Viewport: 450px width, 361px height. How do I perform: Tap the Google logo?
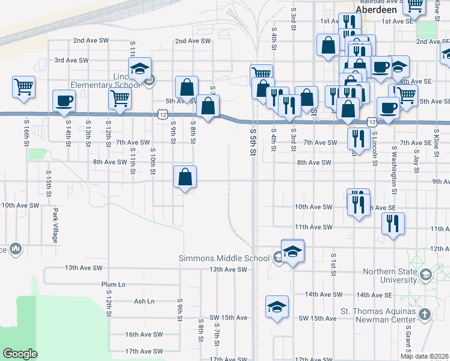click(20, 354)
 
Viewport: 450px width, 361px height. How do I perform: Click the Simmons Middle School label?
click(224, 258)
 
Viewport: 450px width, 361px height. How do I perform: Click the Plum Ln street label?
click(113, 284)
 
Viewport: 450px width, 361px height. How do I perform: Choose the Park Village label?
click(55, 226)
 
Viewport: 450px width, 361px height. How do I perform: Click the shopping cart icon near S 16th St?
click(23, 86)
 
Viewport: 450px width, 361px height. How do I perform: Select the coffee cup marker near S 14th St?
click(64, 100)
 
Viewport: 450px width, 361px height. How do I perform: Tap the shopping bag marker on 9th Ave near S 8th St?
click(185, 177)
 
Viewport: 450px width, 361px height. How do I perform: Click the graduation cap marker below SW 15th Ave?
click(277, 306)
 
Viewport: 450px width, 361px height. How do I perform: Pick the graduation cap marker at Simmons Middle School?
click(293, 250)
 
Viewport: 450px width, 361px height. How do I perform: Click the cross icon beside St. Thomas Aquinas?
click(425, 314)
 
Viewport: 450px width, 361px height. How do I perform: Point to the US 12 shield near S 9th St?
click(163, 113)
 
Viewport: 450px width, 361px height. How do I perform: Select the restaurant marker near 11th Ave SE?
click(393, 224)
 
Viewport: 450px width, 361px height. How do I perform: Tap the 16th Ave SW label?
click(144, 335)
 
